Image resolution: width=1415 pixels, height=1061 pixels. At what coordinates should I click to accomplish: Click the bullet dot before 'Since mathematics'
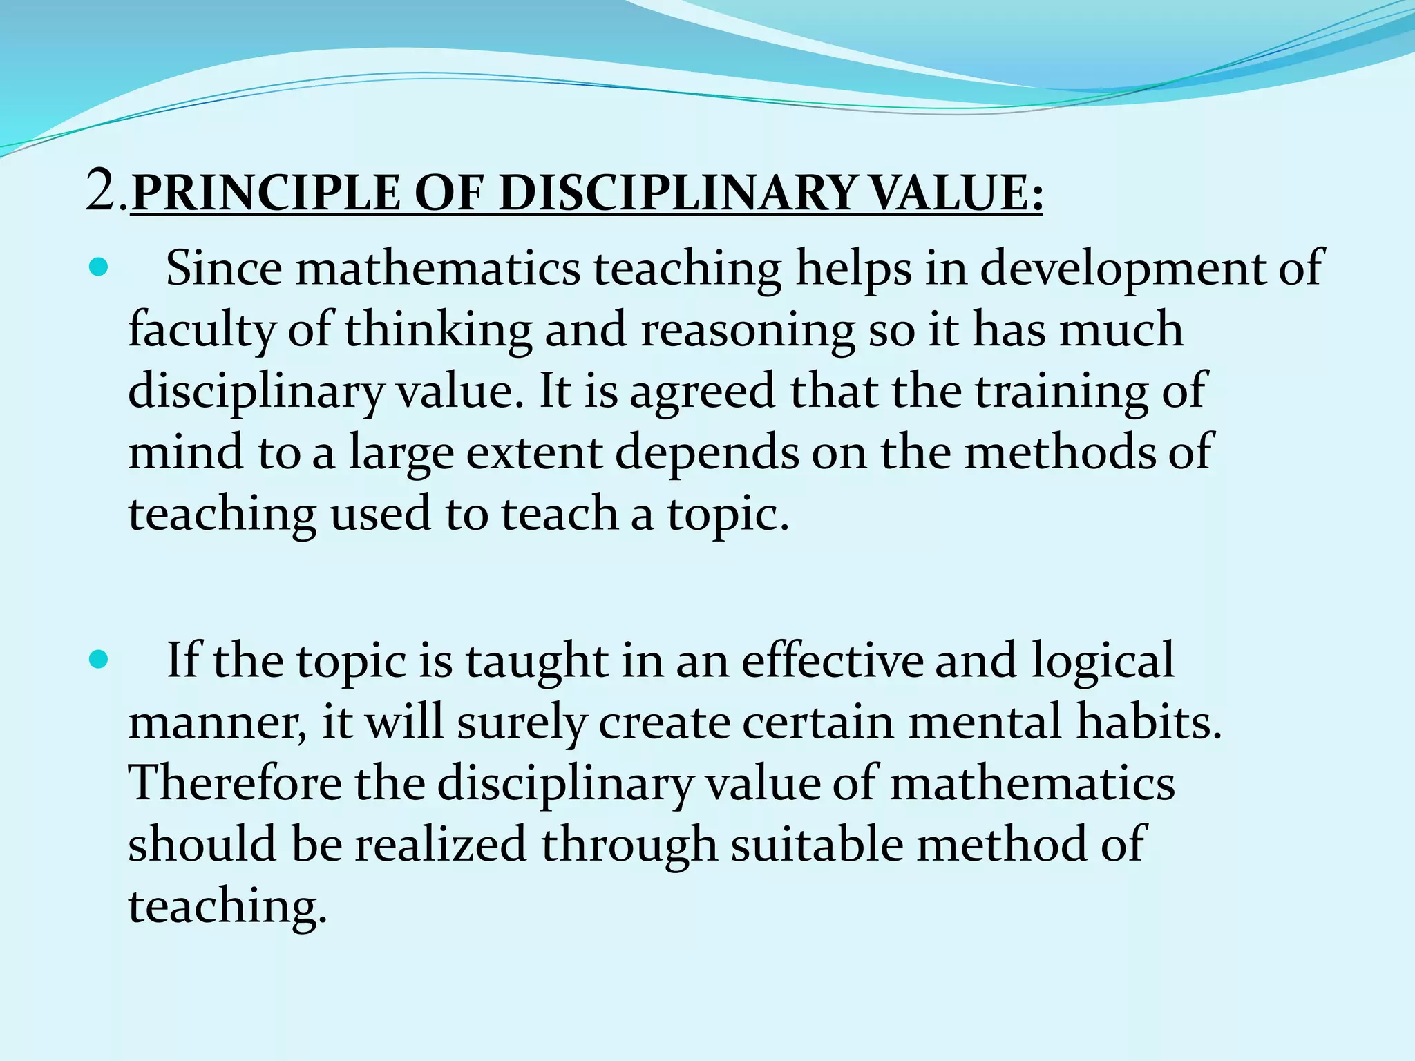[x=99, y=267]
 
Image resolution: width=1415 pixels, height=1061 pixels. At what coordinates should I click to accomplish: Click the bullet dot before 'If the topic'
[x=99, y=660]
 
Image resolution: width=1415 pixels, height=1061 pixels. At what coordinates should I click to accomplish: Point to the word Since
[x=224, y=268]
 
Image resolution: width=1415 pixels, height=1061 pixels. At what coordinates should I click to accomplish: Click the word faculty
[x=201, y=330]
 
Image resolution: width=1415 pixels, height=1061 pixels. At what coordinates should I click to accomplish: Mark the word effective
[x=833, y=660]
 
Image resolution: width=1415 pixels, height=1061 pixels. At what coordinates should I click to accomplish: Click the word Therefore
[x=236, y=783]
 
